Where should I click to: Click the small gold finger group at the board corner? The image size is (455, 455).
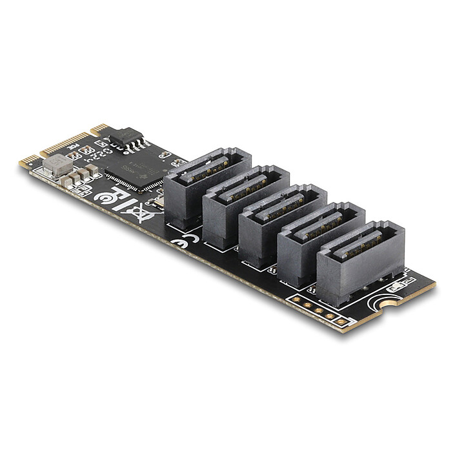[28, 160]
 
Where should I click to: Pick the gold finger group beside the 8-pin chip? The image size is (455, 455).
[99, 128]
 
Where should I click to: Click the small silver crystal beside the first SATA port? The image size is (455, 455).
[158, 205]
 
